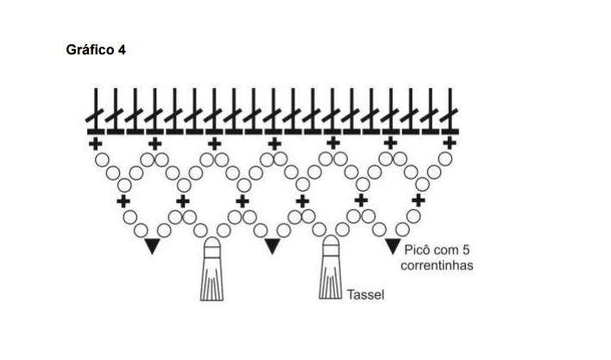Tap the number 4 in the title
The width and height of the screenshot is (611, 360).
[123, 50]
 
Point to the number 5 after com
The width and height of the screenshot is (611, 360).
[466, 249]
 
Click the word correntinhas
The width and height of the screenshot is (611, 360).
[437, 265]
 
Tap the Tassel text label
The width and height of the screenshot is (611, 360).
[365, 295]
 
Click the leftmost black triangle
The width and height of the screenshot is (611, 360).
[153, 247]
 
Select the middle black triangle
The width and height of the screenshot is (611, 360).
[272, 247]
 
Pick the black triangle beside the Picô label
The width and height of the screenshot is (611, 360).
[392, 247]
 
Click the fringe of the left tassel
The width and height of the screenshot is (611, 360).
[212, 282]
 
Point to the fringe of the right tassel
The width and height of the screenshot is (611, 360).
[331, 282]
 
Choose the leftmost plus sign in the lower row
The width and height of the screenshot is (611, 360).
[123, 201]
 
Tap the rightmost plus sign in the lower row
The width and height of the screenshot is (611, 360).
[419, 201]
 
